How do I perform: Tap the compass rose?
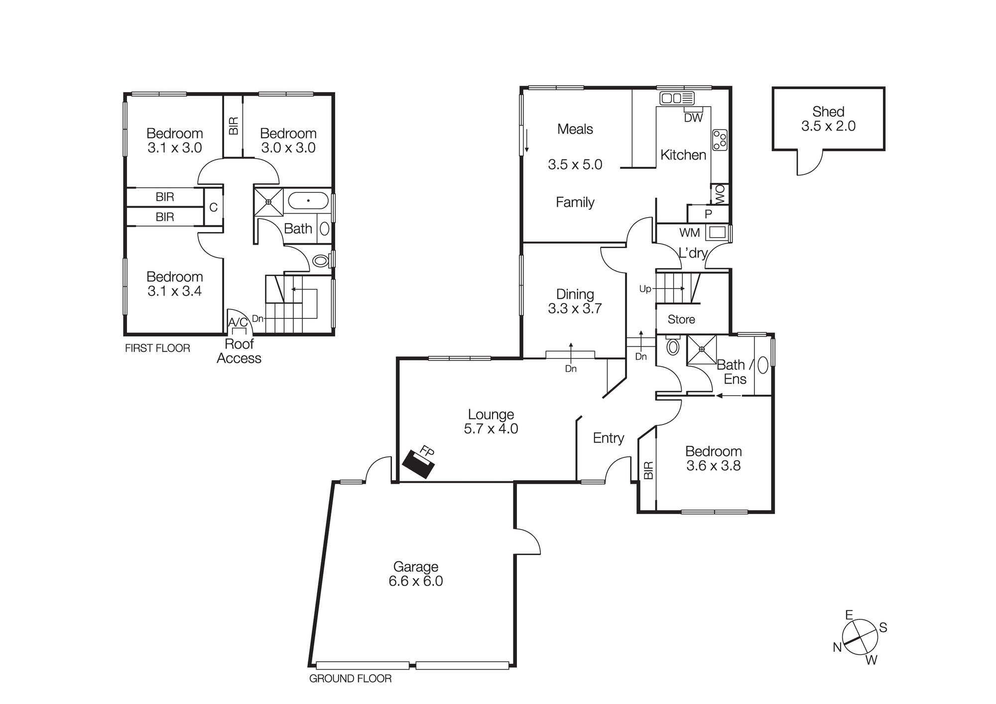coord(860,637)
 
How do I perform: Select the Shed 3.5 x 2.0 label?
coord(828,119)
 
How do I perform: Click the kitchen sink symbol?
coord(677,98)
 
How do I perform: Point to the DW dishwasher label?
coord(693,118)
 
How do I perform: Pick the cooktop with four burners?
coord(720,140)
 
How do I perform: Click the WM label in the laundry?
coord(689,233)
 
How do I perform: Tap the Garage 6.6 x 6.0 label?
coord(416,574)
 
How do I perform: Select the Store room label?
coord(681,319)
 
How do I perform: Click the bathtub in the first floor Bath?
coord(308,201)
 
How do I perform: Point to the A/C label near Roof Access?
coord(238,322)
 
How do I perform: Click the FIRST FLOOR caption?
coord(157,348)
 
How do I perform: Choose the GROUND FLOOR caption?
coord(350,679)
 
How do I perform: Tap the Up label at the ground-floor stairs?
coord(645,289)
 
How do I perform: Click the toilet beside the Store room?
coord(673,347)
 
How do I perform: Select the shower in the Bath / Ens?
coord(701,350)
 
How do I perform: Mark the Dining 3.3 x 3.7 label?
coord(575,301)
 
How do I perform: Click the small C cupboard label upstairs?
coord(213,207)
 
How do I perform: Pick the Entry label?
coord(608,438)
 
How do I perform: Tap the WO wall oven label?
coord(720,194)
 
